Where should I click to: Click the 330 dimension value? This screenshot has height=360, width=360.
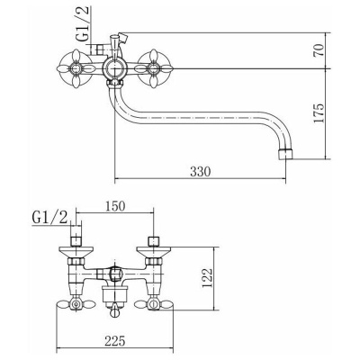(201, 172)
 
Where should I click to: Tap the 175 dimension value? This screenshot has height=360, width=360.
(319, 113)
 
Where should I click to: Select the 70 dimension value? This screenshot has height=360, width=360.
(319, 50)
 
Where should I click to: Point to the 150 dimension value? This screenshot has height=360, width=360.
(114, 206)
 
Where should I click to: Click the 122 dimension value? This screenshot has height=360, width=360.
(207, 277)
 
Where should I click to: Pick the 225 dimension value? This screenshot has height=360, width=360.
(114, 340)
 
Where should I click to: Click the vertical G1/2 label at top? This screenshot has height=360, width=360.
(83, 23)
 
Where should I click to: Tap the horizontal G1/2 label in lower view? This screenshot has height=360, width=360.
(49, 219)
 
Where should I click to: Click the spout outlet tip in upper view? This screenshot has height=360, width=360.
(285, 154)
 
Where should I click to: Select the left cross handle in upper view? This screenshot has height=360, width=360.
(75, 69)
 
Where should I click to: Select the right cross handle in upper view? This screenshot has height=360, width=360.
(153, 69)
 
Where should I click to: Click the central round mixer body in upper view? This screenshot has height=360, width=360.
(114, 69)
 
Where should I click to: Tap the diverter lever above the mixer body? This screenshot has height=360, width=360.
(119, 40)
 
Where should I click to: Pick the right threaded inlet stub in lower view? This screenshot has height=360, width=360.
(154, 240)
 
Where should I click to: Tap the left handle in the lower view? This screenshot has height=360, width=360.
(76, 305)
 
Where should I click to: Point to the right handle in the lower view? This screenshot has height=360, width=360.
(154, 305)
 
